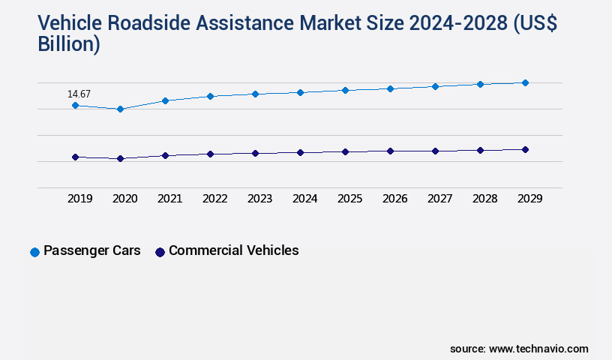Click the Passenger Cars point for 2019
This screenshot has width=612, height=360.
[75, 106]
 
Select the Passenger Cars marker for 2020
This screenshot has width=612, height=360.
[120, 109]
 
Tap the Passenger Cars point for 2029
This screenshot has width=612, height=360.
[525, 82]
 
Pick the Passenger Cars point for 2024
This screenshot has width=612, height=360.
[300, 92]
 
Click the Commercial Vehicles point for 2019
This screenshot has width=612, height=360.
[75, 157]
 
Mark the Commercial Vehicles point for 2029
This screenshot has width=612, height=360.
[525, 149]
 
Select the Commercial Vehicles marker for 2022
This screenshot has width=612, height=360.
[210, 154]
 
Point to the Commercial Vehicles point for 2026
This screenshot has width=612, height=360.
[390, 151]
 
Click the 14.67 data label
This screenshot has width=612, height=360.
[79, 94]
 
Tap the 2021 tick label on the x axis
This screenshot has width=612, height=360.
[169, 199]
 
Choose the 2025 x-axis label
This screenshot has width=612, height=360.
[349, 199]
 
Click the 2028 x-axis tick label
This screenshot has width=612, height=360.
[484, 199]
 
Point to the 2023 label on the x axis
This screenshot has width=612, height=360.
[259, 199]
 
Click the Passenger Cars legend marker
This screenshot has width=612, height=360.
[34, 252]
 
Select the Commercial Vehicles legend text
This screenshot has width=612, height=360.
[233, 250]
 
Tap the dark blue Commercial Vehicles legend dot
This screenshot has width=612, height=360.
[160, 252]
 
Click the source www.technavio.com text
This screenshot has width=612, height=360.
[519, 349]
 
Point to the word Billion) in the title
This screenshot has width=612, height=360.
[69, 43]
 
